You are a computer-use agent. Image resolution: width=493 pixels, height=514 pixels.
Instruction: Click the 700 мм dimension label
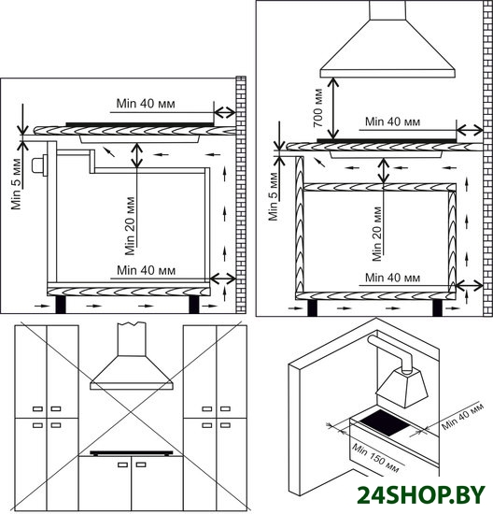318,108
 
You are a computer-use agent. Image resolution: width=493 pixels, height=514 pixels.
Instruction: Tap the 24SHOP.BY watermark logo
420,495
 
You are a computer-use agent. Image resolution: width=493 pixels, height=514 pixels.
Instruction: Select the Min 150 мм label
375,458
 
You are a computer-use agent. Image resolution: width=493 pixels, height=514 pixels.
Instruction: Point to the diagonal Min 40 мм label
462,416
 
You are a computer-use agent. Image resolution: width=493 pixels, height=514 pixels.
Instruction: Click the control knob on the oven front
39,165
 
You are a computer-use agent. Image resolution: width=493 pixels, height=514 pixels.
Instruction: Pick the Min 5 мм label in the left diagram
16,184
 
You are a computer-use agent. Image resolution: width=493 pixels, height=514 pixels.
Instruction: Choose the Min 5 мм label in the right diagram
274,196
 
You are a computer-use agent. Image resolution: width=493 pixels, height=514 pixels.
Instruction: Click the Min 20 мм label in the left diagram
130,225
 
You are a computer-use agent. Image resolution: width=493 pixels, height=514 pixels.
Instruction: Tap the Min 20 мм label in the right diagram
377,234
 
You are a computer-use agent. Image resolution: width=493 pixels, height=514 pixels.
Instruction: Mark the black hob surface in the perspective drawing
385,422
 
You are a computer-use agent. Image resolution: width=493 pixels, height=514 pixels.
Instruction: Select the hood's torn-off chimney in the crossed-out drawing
132,339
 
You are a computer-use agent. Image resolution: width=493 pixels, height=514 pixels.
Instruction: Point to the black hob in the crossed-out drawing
132,453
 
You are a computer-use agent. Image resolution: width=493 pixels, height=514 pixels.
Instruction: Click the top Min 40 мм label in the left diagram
146,104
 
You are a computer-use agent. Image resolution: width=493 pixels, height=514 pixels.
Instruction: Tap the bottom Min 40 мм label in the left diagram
146,270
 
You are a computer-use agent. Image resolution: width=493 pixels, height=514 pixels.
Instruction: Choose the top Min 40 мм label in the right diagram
392,121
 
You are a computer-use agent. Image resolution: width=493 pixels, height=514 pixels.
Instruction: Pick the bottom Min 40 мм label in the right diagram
392,278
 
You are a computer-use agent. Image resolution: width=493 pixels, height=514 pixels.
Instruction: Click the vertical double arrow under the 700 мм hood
333,108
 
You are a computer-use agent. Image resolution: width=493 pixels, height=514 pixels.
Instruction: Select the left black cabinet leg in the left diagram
61,305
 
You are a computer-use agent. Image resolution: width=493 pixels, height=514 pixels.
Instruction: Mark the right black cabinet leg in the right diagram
437,307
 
